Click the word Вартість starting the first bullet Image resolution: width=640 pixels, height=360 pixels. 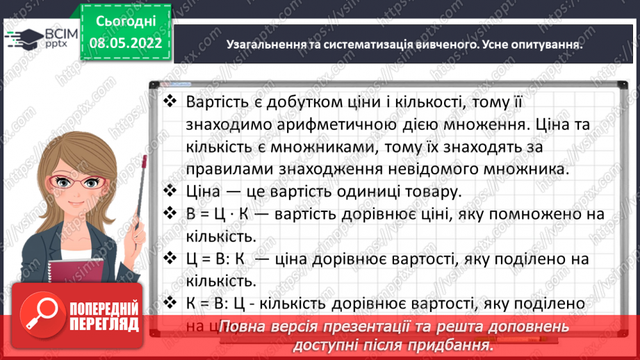(x=217, y=102)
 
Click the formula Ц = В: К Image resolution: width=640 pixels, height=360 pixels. (x=217, y=259)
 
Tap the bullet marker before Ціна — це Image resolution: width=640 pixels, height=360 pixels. (x=170, y=190)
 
